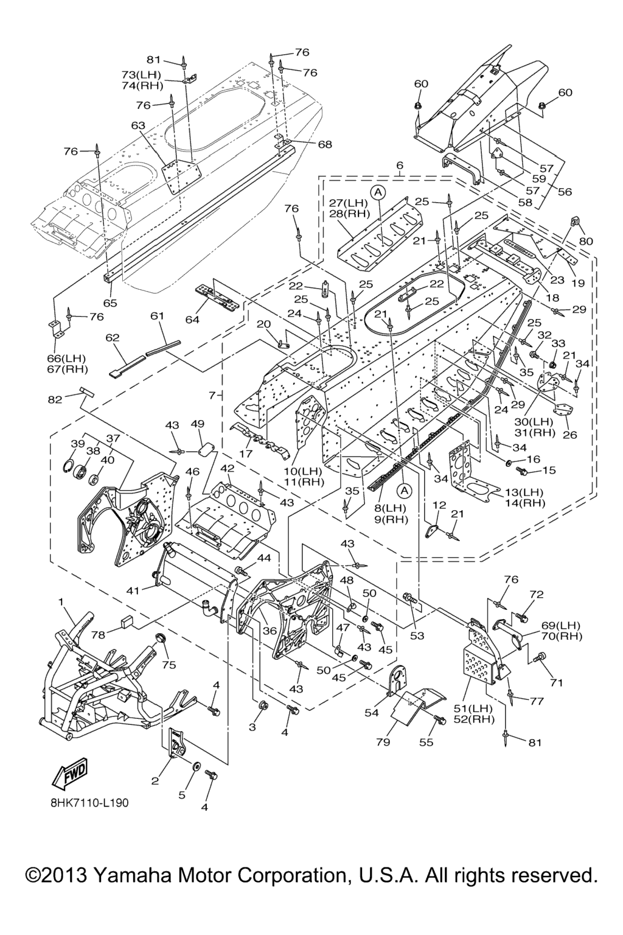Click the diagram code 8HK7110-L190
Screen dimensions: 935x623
pos(89,802)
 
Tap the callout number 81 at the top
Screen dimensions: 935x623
pos(153,60)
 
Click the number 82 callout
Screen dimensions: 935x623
pos(55,399)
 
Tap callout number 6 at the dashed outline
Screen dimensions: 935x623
pos(400,166)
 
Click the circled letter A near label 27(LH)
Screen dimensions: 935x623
pos(378,192)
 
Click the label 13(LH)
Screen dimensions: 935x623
pos(524,492)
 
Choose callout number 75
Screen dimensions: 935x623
pos(169,665)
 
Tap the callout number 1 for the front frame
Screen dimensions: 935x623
pos(61,601)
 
